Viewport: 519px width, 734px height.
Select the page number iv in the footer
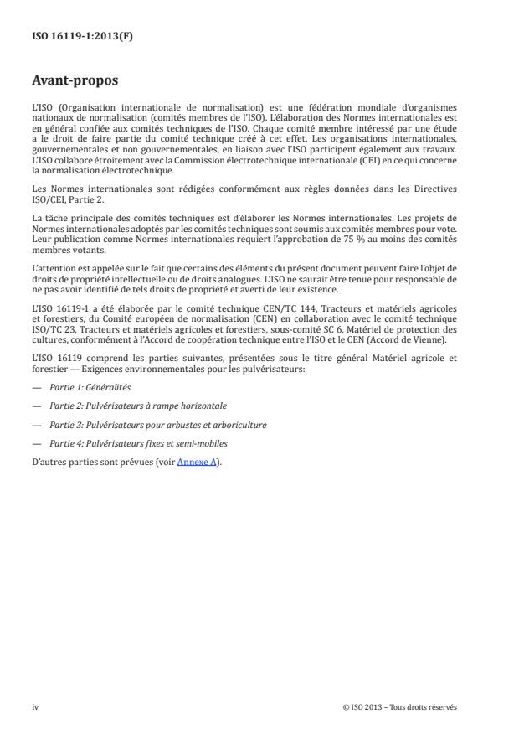click(x=35, y=706)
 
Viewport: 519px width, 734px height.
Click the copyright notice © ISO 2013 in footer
click(x=399, y=706)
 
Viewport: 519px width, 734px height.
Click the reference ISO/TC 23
click(x=52, y=328)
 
